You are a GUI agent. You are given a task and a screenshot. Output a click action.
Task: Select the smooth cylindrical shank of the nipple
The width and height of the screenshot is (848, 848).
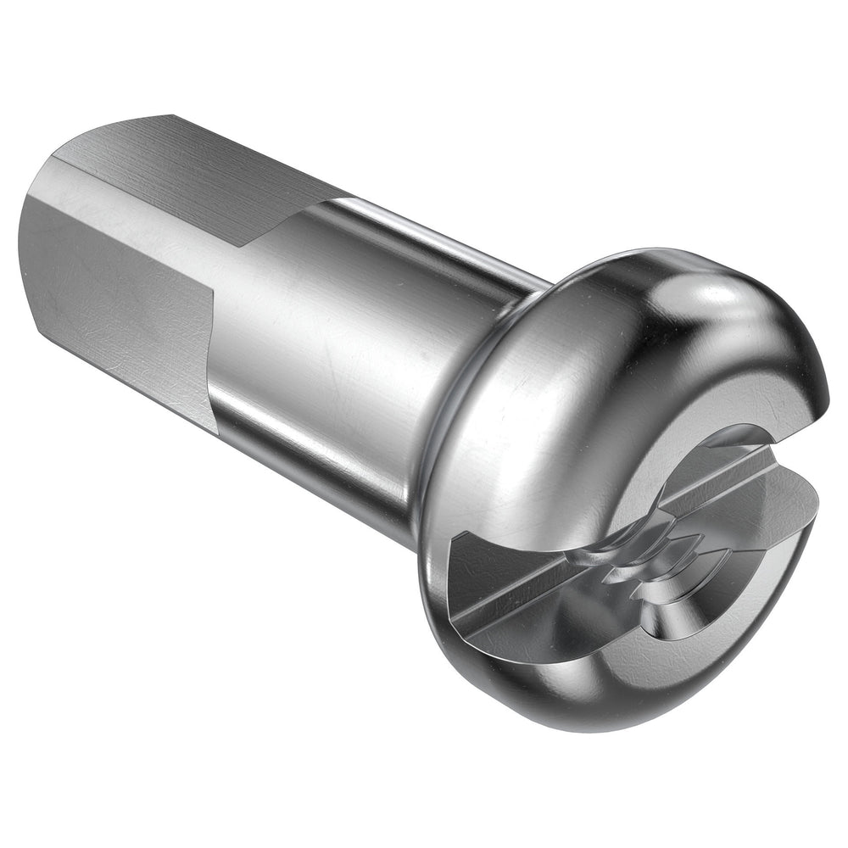tap(339, 339)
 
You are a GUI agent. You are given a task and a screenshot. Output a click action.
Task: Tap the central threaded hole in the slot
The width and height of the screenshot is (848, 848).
tap(644, 560)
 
